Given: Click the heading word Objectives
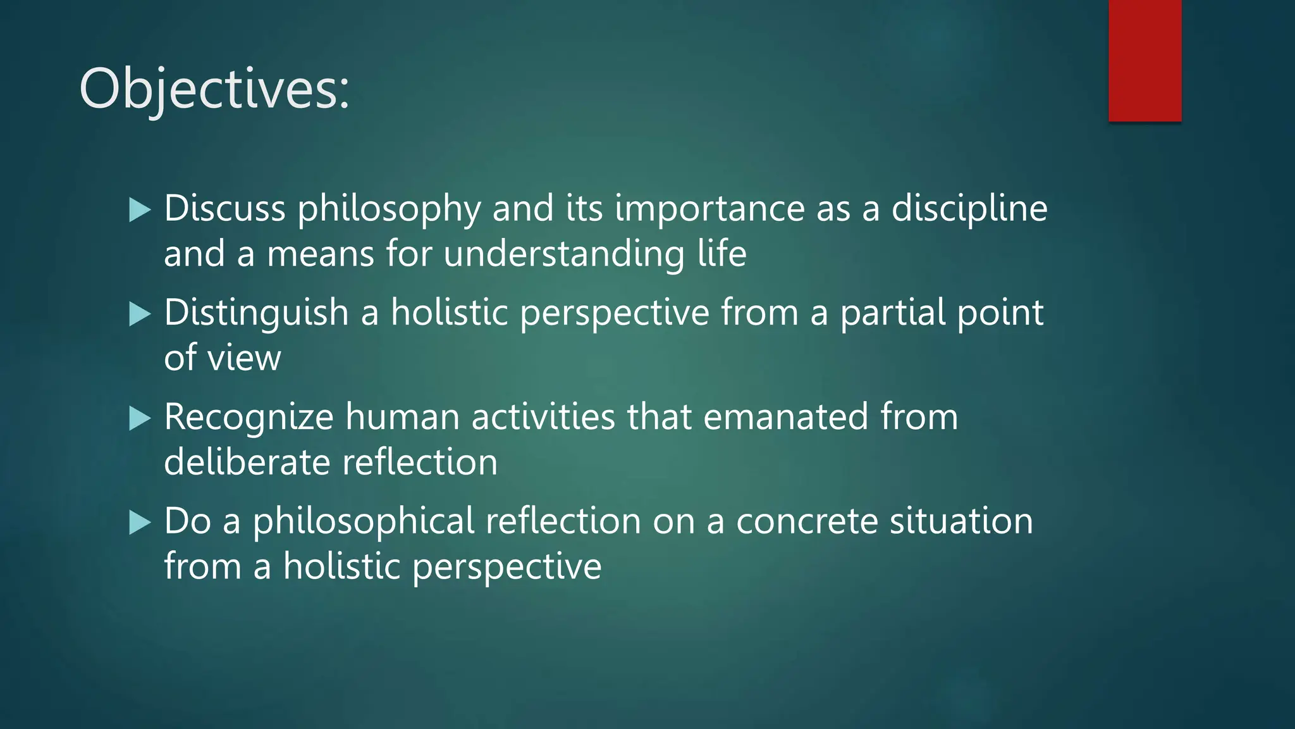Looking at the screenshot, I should pyautogui.click(x=214, y=89).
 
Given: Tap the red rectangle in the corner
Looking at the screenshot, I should pyautogui.click(x=1145, y=61).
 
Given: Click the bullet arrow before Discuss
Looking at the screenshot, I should pyautogui.click(x=140, y=209).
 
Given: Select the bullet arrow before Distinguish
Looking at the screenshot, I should pyautogui.click(x=140, y=314).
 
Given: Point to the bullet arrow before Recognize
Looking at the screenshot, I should pyautogui.click(x=140, y=418).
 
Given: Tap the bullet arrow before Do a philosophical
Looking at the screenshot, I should pyautogui.click(x=140, y=523).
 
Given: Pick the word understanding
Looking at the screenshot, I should pyautogui.click(x=563, y=254).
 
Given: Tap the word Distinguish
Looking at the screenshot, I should pyautogui.click(x=256, y=314).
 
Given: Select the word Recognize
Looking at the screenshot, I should pyautogui.click(x=249, y=418).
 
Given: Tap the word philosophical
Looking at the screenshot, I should pyautogui.click(x=364, y=523).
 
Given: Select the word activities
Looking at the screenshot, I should pyautogui.click(x=543, y=418).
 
